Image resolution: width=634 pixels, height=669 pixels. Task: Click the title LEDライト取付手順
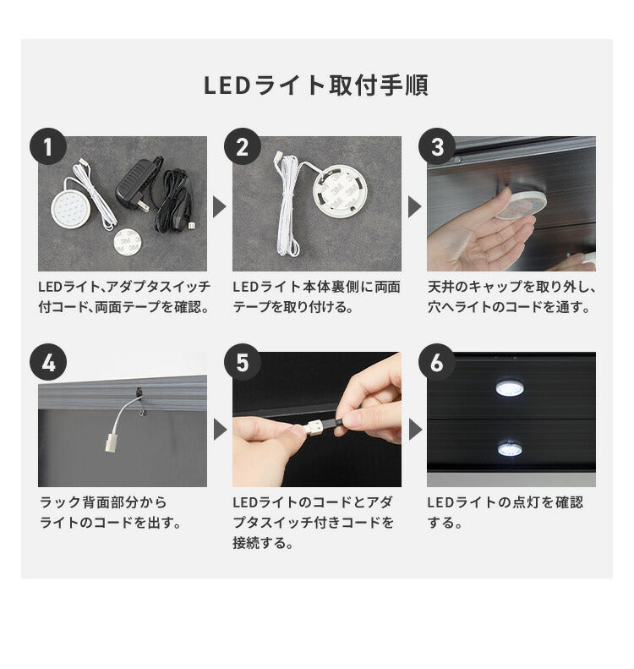coord(316,85)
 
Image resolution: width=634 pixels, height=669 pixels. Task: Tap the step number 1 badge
coord(47,147)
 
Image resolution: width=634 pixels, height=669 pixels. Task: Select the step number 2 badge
coord(242,147)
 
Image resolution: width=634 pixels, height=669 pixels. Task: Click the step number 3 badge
coord(436,147)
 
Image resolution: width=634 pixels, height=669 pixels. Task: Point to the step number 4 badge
coord(47,363)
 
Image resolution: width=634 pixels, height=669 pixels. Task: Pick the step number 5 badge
coord(242,363)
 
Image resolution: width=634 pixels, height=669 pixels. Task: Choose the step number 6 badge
coord(436,363)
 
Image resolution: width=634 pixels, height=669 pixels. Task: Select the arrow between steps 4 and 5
coord(220,430)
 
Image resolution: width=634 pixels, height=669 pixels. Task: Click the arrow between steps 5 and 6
coord(414,430)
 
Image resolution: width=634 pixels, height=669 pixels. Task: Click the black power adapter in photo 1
coord(135,188)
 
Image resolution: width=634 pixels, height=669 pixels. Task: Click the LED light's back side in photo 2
coord(340,191)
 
